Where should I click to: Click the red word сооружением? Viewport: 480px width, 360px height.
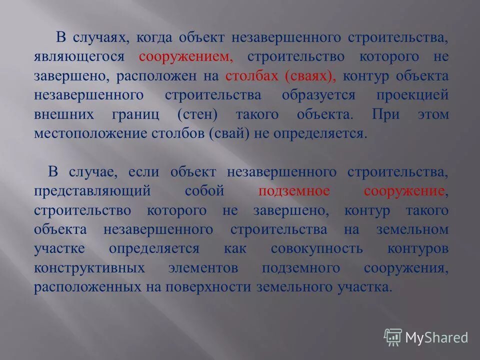[186, 57]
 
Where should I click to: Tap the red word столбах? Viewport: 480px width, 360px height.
[252, 76]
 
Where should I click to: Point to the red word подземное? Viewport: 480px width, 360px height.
[294, 191]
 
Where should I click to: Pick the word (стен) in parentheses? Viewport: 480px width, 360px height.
[197, 115]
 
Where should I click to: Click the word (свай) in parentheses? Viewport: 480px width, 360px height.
[229, 134]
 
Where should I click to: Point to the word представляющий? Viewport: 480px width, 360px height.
[92, 191]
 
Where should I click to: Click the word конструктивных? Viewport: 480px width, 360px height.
[89, 268]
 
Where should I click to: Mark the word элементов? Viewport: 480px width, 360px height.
[203, 268]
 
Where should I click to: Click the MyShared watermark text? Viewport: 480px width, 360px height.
[436, 337]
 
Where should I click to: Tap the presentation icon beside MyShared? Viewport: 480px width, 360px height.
[393, 337]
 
